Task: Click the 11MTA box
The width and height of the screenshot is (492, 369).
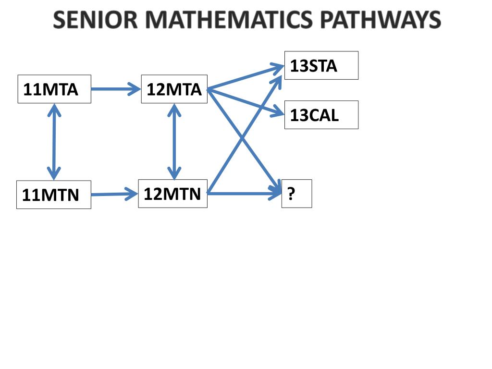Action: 54,89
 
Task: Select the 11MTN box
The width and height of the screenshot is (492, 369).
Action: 53,195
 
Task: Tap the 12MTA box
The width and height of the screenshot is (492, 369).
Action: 174,89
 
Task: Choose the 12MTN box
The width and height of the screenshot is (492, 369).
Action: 172,194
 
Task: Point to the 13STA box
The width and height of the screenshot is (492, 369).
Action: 321,65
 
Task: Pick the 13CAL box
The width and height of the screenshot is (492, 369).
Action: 321,115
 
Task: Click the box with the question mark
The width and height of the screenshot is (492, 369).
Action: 296,194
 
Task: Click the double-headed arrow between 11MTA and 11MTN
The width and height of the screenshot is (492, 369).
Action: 53,142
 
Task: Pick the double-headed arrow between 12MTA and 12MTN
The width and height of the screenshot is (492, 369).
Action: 173,142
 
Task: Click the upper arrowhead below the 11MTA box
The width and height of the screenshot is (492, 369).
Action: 53,111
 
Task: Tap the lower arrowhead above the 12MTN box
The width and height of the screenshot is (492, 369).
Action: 173,172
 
